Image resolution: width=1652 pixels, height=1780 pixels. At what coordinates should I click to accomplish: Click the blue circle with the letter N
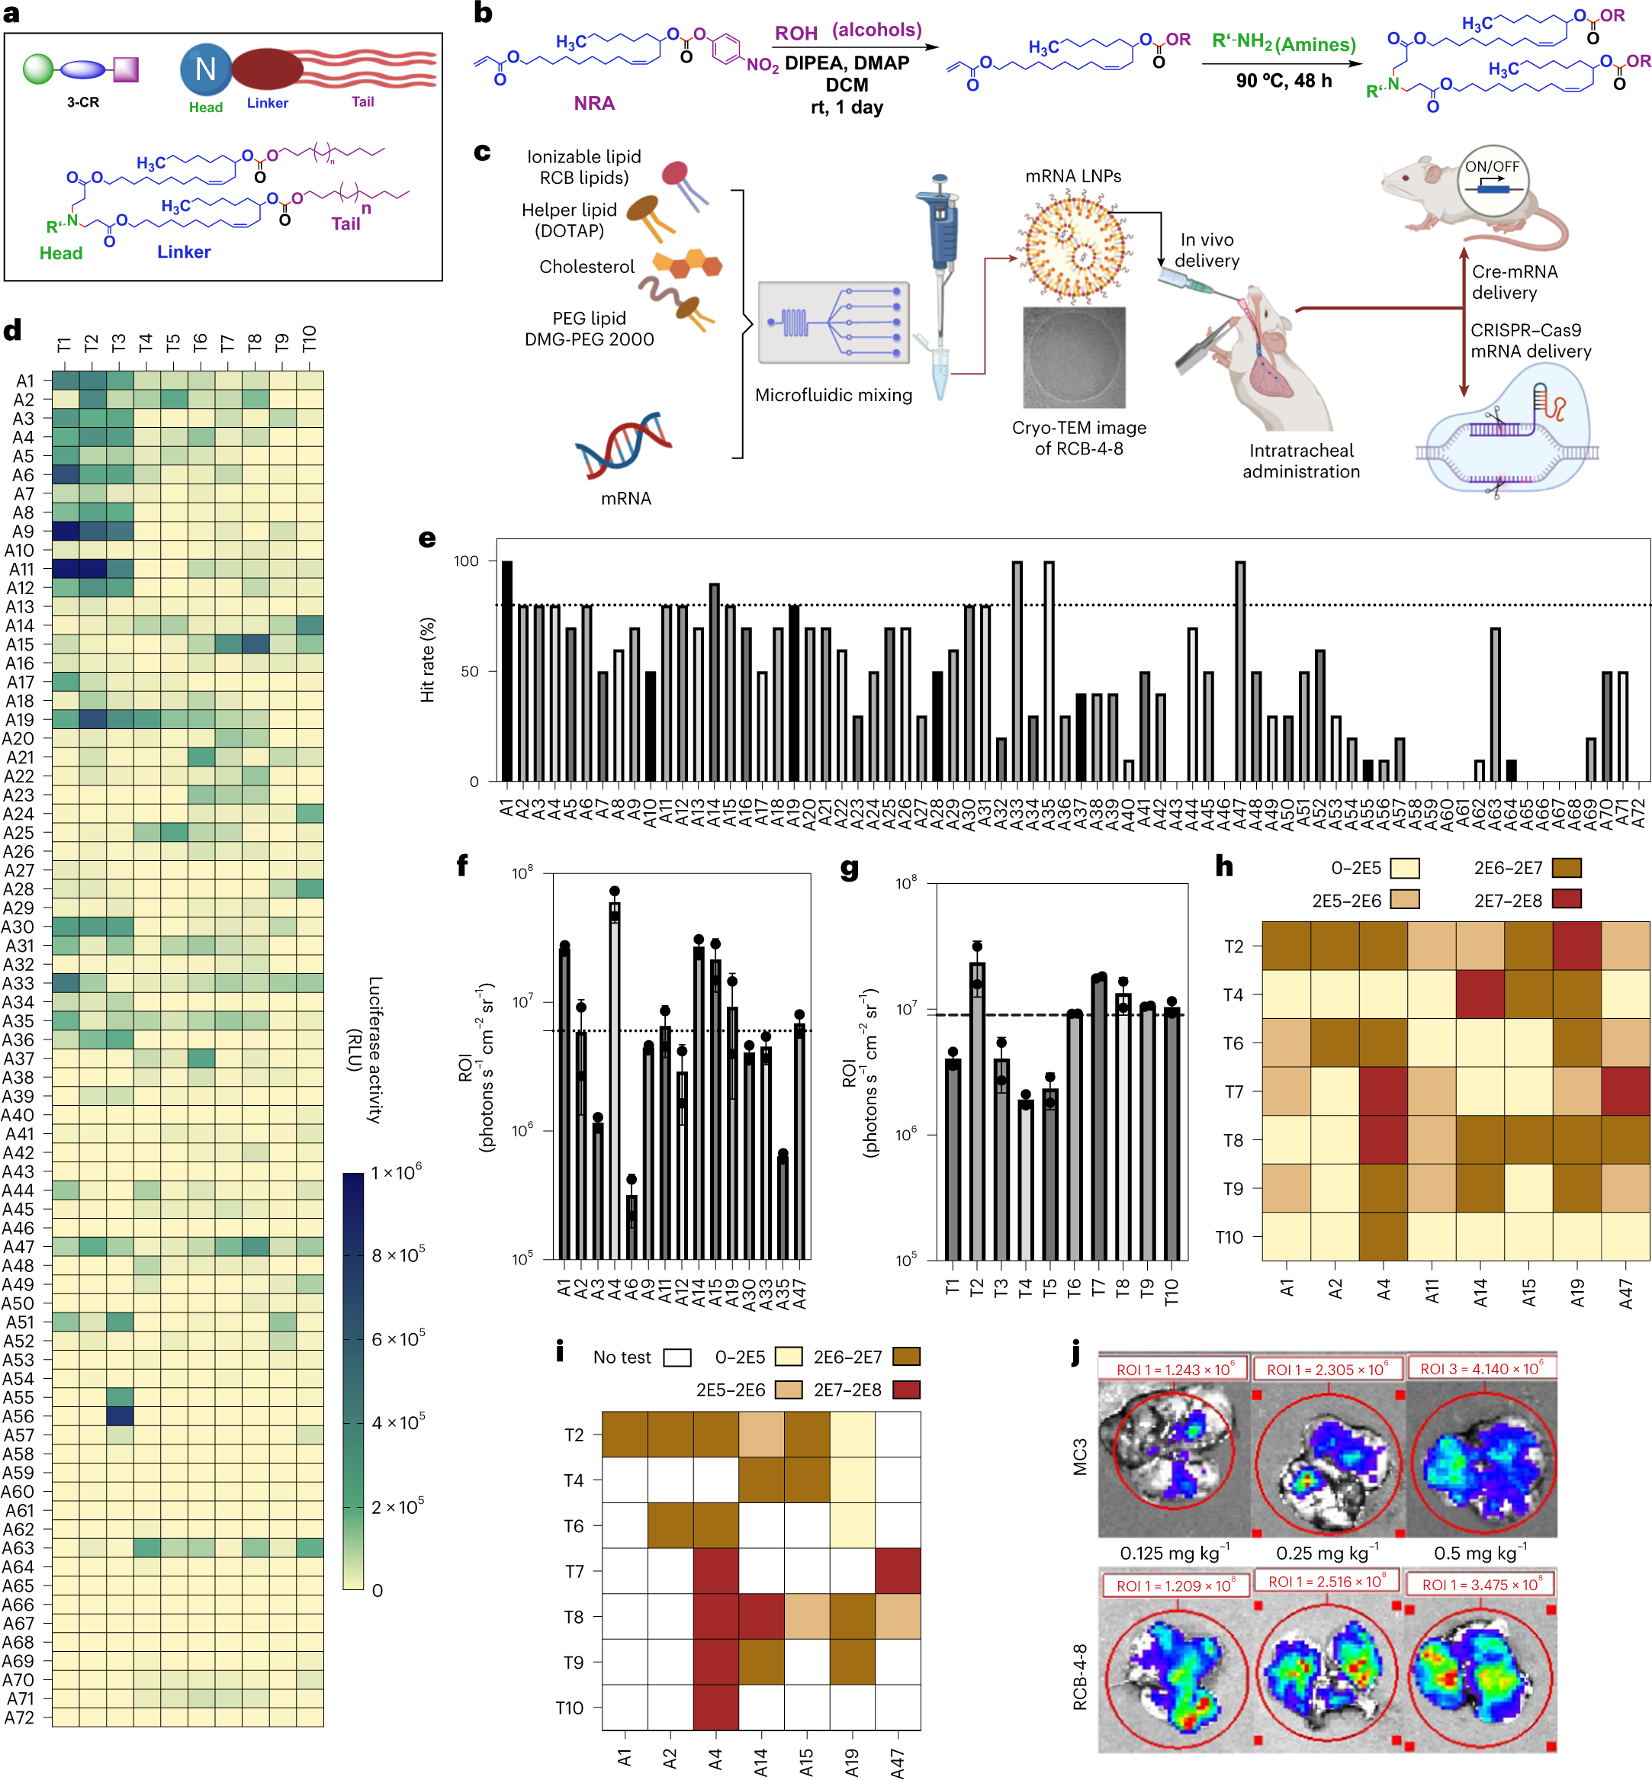[206, 69]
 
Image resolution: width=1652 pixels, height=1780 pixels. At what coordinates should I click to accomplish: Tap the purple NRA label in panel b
[593, 104]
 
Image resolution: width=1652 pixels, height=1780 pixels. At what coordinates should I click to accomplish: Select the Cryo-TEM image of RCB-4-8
[1074, 358]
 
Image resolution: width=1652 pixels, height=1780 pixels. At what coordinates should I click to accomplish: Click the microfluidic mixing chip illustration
[833, 323]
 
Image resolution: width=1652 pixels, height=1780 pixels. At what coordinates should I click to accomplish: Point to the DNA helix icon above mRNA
[623, 445]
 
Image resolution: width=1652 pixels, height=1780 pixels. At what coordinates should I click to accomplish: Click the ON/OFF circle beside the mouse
[1491, 181]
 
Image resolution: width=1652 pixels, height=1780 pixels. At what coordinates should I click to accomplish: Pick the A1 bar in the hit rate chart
[507, 670]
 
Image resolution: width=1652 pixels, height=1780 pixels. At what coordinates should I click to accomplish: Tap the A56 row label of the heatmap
[19, 1416]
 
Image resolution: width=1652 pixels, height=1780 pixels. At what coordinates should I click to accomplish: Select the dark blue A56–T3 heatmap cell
[120, 1416]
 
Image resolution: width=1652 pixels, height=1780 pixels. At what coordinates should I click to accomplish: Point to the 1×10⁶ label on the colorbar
[397, 1173]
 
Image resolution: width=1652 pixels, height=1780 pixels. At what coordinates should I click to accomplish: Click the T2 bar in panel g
[977, 1109]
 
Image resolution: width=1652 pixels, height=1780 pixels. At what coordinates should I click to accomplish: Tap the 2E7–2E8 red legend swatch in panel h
[1567, 899]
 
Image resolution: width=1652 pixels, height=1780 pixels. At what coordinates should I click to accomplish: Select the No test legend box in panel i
[677, 1358]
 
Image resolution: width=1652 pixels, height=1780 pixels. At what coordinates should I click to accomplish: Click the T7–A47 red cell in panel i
[898, 1571]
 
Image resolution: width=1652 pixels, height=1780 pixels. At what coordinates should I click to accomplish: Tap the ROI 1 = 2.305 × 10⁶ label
[1326, 1369]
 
